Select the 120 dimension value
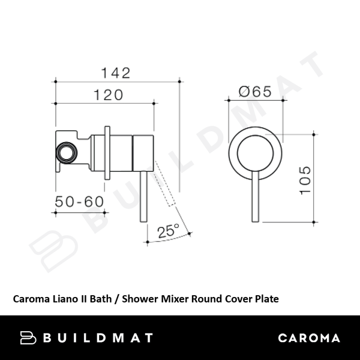pos(107,95)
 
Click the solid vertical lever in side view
pos(143,198)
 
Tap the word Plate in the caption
pos(266,298)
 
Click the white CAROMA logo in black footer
pos(308,338)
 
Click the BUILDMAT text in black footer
pos(98,338)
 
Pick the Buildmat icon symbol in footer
pos(29,338)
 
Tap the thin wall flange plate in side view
pos(107,152)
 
